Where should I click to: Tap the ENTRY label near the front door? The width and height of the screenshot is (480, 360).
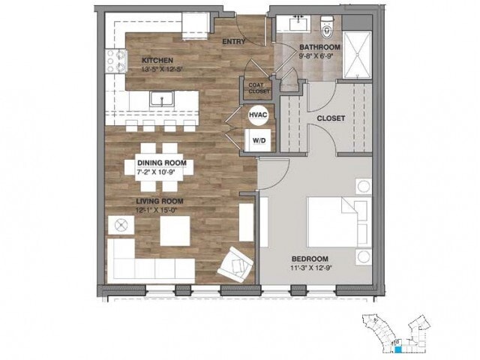(x=234, y=41)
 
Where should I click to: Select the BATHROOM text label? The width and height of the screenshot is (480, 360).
(x=321, y=46)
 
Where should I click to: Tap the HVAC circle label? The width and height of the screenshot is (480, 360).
(x=256, y=115)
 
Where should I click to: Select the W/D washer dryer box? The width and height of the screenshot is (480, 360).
(x=258, y=139)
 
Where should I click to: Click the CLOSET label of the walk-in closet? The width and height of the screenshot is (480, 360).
(x=331, y=118)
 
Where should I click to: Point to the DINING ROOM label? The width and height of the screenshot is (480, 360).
(x=161, y=163)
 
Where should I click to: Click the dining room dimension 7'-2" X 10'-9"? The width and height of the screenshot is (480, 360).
(x=161, y=172)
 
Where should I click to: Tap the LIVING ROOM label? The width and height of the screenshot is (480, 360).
(x=160, y=201)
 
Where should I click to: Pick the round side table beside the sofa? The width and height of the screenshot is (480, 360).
(x=120, y=224)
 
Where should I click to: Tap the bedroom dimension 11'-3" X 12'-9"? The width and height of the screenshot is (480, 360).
(x=313, y=268)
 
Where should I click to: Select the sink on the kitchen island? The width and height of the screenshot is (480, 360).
(x=157, y=98)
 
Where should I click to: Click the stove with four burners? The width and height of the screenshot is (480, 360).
(x=116, y=61)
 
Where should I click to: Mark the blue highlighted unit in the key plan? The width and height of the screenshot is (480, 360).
(x=399, y=347)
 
